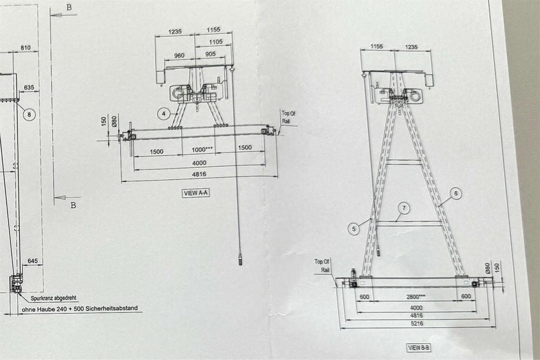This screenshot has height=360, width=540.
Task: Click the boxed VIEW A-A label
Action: (x=195, y=193)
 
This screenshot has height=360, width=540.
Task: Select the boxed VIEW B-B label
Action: (x=419, y=348)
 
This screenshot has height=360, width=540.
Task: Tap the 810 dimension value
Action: (x=25, y=48)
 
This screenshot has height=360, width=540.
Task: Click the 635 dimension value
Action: (x=29, y=87)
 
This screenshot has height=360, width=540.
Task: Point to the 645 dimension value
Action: (x=33, y=261)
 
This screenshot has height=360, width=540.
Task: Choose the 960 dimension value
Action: (x=179, y=56)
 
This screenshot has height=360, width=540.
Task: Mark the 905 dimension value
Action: (x=211, y=54)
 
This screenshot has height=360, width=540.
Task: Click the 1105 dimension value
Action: (x=216, y=42)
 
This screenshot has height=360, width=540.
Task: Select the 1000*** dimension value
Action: (x=202, y=150)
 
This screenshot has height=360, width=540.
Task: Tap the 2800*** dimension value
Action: (x=416, y=297)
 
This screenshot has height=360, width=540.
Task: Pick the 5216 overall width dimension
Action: (x=416, y=323)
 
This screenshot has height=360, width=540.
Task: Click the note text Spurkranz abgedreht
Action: (x=53, y=298)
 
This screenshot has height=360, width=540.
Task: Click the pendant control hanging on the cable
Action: (x=240, y=259)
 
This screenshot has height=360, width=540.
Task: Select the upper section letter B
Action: (x=69, y=8)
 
